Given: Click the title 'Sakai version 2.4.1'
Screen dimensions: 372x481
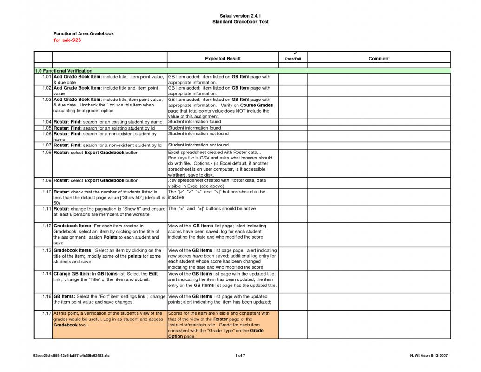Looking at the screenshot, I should [x=240, y=16].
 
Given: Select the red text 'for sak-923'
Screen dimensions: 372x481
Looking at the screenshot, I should [x=67, y=40].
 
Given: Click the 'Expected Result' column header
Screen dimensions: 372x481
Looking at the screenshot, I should [x=223, y=59].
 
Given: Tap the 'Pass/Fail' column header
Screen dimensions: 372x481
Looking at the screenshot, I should [x=293, y=59].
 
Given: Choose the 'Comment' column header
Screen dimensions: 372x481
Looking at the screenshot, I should [x=379, y=59].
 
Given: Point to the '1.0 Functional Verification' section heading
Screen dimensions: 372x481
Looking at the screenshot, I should [x=63, y=71].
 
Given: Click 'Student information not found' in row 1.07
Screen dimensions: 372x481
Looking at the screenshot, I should [x=198, y=145].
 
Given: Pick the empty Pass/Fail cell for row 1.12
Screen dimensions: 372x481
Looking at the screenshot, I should [x=293, y=234].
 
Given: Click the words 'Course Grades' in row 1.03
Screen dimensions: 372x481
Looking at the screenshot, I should [x=257, y=105].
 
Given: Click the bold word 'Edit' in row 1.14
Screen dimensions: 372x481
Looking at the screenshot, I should [x=153, y=274].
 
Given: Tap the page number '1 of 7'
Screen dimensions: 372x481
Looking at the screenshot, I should [x=240, y=356].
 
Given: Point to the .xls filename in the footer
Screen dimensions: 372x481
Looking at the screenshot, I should [x=72, y=356].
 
